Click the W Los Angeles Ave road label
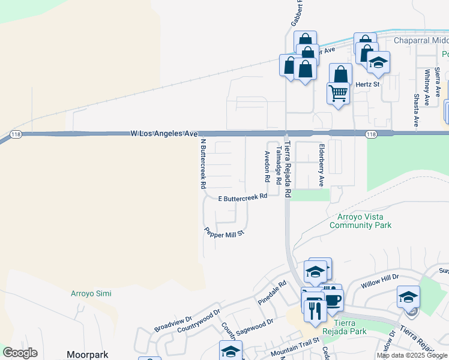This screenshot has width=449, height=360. pos(164,133)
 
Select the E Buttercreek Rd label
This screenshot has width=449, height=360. pos(242,197)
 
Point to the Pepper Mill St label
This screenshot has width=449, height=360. pos(224,232)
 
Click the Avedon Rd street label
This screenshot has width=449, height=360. pos(267,166)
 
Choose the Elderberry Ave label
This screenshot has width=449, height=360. pos(321,164)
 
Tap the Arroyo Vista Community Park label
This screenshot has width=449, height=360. pos(360,221)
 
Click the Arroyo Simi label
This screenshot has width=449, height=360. pos(91,293)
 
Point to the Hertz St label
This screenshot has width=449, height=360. pos(368,85)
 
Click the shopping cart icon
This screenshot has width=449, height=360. pos(338,93)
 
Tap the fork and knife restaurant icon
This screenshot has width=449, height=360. pos(314,310)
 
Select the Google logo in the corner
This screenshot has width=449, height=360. pos(20,353)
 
